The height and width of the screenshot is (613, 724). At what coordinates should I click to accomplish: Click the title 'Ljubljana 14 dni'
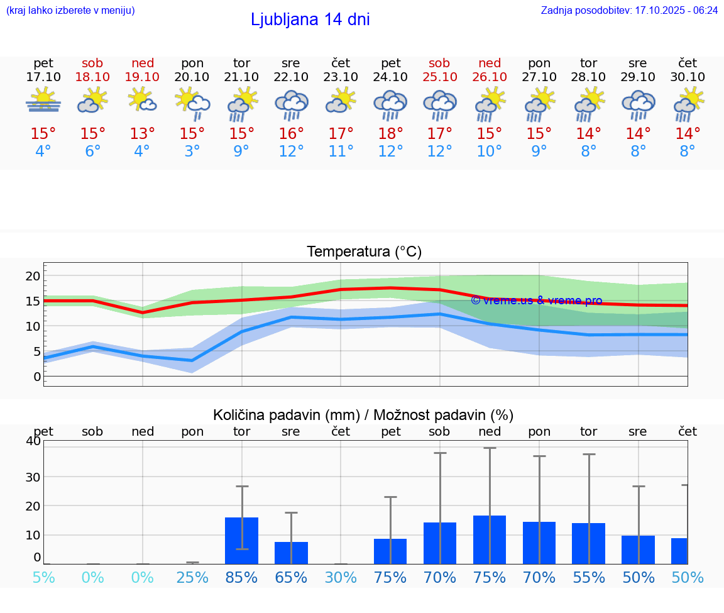[x=310, y=19]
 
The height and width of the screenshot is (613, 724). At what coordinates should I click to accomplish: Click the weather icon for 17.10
[x=43, y=101]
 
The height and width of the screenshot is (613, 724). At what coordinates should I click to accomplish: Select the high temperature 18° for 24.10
[x=390, y=134]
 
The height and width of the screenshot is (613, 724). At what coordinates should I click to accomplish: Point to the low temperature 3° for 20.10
[x=192, y=152]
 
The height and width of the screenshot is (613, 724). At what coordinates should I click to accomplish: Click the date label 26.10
[x=490, y=77]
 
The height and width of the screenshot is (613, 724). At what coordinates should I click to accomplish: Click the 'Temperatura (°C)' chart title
[x=364, y=251]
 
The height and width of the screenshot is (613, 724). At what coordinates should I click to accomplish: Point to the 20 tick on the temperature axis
[x=33, y=276]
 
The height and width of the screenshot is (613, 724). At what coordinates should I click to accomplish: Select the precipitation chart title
[x=363, y=415]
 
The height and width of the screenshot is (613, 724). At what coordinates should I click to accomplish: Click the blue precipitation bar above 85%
[x=241, y=540]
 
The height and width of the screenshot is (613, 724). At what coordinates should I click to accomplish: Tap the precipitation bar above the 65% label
[x=291, y=553]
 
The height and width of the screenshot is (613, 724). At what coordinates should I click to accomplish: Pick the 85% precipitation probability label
[x=241, y=577]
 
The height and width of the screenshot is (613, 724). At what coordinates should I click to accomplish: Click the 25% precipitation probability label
[x=192, y=577]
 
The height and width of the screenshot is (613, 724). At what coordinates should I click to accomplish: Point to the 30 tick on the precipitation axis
[x=33, y=477]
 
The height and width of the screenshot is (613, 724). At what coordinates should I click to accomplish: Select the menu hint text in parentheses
[x=70, y=10]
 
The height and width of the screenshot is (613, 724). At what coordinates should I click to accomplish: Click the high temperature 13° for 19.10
[x=143, y=134]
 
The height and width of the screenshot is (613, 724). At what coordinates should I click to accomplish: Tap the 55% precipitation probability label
[x=588, y=577]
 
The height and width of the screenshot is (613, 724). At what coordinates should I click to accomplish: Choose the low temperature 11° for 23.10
[x=341, y=152]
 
